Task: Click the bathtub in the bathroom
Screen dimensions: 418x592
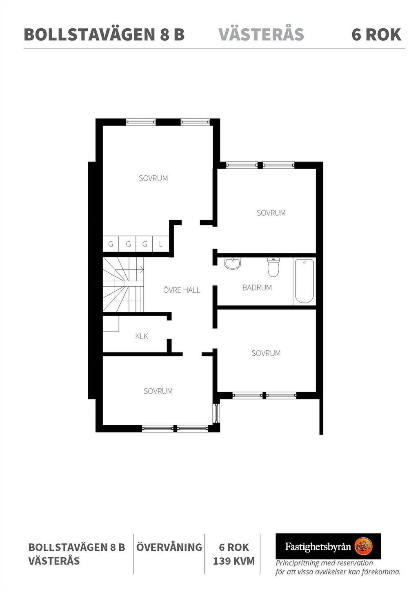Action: point(304,281)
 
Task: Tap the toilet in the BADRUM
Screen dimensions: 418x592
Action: point(273,267)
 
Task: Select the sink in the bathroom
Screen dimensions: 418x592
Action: point(233,263)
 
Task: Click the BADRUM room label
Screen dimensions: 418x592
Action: point(257,287)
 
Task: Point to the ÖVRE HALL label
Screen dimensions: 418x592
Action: point(182,290)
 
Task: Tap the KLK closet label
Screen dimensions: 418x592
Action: point(142,336)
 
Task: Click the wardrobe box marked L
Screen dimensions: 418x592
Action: point(161,244)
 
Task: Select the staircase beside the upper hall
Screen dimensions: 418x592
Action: point(123,285)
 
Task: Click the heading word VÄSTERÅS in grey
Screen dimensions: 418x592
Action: point(261,34)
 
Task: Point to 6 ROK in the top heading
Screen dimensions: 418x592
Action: point(376,34)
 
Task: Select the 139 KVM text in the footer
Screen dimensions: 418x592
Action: point(234,561)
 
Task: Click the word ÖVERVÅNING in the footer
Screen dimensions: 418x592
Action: point(169,547)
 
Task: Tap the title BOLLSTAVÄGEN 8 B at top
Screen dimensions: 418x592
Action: point(104,34)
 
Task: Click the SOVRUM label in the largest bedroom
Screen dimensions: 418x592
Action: point(153,178)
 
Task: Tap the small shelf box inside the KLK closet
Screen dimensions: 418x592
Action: point(111,324)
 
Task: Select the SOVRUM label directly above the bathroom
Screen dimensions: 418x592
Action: point(271,213)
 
